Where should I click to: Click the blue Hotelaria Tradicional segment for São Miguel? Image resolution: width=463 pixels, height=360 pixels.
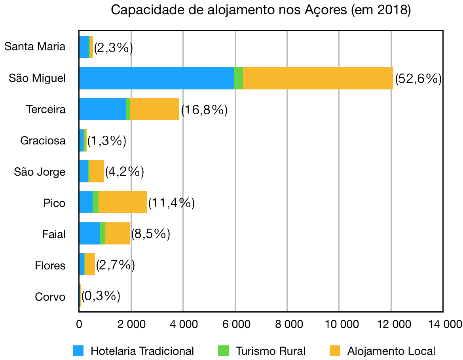[x=156, y=78]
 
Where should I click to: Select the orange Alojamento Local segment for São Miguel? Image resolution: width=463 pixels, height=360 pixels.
[x=318, y=78]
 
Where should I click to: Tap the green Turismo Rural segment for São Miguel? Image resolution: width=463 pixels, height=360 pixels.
[x=238, y=78]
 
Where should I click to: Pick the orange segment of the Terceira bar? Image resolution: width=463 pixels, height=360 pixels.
[x=155, y=109]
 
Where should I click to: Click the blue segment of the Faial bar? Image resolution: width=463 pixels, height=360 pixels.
[x=89, y=233]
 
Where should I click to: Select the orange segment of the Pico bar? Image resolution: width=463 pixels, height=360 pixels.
[x=122, y=203]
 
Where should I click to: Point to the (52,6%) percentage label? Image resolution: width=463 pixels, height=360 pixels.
[x=418, y=79]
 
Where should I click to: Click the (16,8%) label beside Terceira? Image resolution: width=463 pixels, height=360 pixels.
[x=204, y=110]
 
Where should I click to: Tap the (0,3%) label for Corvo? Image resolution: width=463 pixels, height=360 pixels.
[x=101, y=296]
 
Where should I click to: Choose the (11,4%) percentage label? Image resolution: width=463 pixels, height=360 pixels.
[x=171, y=203]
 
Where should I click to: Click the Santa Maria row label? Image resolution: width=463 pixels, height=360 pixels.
[x=35, y=47]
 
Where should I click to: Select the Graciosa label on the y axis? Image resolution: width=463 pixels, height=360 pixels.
[x=43, y=140]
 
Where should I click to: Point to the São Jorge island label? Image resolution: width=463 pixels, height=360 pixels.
[x=40, y=172]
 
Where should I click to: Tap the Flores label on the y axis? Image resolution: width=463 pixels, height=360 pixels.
[x=50, y=265]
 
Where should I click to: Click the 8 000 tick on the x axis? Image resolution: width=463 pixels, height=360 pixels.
[x=287, y=325]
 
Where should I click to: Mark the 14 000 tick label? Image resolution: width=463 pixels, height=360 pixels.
[x=443, y=325]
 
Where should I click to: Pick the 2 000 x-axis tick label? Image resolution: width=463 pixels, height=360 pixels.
[x=131, y=325]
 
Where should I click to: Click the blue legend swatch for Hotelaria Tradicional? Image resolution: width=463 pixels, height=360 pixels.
[x=78, y=350]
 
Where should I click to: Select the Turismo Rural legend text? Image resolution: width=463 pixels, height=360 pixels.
[x=271, y=351]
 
